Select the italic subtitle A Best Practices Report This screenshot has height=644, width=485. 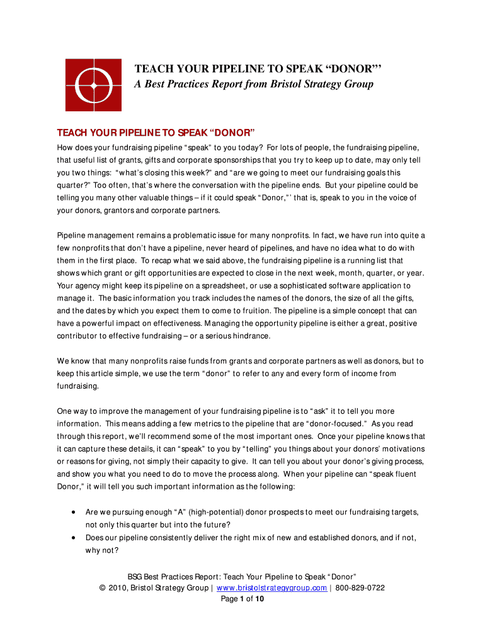[x=254, y=84]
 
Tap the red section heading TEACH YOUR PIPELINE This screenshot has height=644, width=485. [x=156, y=133]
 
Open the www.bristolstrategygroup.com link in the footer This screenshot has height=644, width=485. [x=271, y=588]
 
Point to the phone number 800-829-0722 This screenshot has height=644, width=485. [x=360, y=588]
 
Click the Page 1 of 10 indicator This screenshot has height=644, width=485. [x=243, y=599]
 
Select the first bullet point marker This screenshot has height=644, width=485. [x=75, y=512]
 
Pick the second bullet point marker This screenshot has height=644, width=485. [x=75, y=538]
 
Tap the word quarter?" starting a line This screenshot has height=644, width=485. [x=74, y=186]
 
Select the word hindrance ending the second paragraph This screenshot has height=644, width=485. [x=249, y=336]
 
